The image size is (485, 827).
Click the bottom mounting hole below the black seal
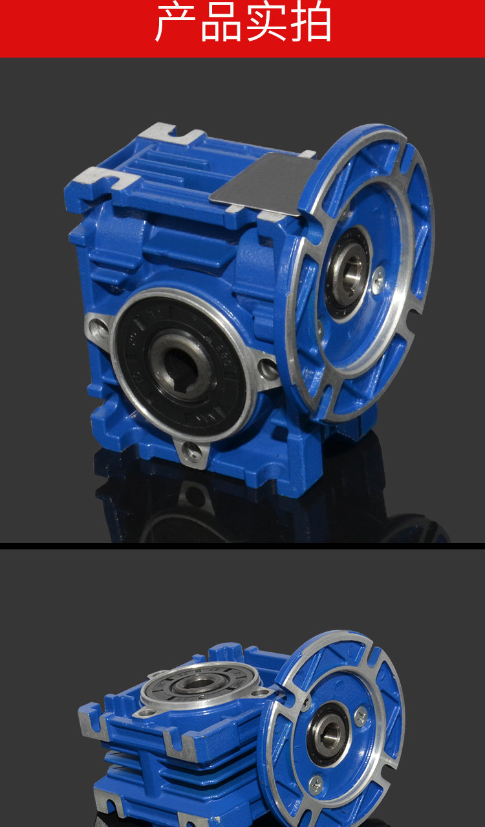point(193,450)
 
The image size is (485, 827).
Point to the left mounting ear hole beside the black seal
point(99,327)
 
